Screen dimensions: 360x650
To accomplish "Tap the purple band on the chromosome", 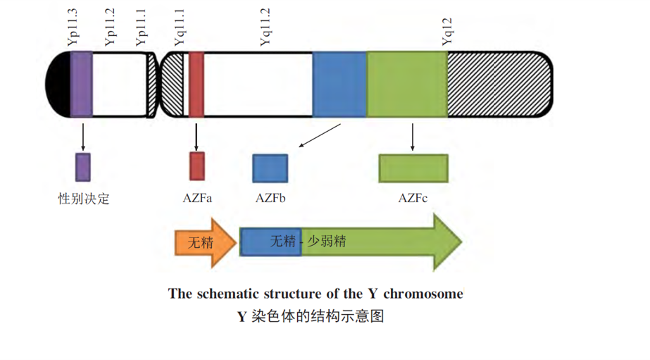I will (x=81, y=84).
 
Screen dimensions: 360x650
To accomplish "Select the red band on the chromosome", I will (x=196, y=84).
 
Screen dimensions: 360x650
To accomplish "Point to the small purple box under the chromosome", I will (x=83, y=167).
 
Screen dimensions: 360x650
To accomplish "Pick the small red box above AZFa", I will (x=196, y=166).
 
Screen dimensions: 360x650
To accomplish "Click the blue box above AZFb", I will (x=270, y=168).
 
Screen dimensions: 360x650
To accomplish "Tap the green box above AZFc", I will (x=413, y=168).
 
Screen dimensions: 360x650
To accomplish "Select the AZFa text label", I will (x=197, y=199).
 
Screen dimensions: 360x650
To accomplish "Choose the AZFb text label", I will (x=270, y=199).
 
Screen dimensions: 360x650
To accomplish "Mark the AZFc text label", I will (x=413, y=199).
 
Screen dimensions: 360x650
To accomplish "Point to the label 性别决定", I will (x=83, y=199).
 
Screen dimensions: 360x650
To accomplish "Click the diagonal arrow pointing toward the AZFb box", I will (x=320, y=136).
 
